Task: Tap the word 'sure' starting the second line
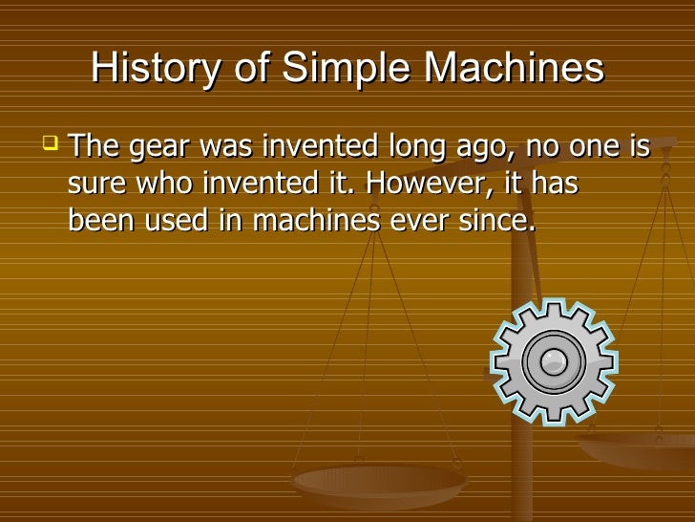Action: pyautogui.click(x=98, y=185)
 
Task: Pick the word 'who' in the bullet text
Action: pyautogui.click(x=167, y=184)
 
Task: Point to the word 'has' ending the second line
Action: pyautogui.click(x=555, y=184)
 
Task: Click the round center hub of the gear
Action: pyautogui.click(x=553, y=360)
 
